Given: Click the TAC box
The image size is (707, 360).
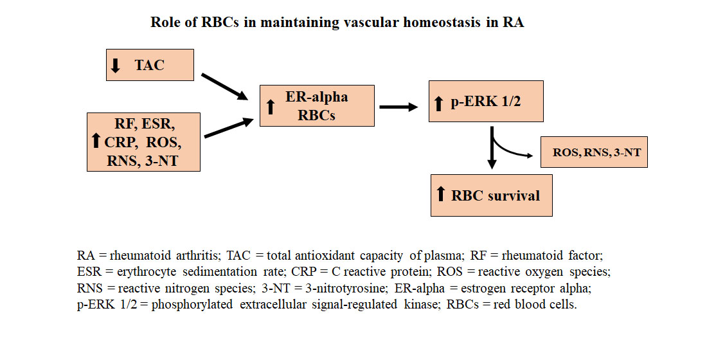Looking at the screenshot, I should click(x=150, y=65).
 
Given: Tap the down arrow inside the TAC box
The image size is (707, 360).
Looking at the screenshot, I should click(x=116, y=66).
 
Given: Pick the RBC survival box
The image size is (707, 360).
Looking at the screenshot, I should click(x=492, y=195).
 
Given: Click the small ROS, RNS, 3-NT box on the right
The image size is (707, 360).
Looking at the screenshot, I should click(x=594, y=152).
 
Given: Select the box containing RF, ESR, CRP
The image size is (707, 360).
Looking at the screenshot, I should click(x=143, y=141).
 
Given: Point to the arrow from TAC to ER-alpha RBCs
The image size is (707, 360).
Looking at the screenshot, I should click(x=224, y=87).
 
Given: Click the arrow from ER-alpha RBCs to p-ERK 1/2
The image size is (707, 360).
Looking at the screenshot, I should click(x=398, y=107).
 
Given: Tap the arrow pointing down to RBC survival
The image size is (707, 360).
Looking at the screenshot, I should click(x=492, y=149).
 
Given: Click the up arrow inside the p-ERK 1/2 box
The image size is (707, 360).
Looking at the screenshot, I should click(x=440, y=103).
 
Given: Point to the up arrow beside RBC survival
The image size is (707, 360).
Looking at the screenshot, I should click(x=441, y=195).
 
